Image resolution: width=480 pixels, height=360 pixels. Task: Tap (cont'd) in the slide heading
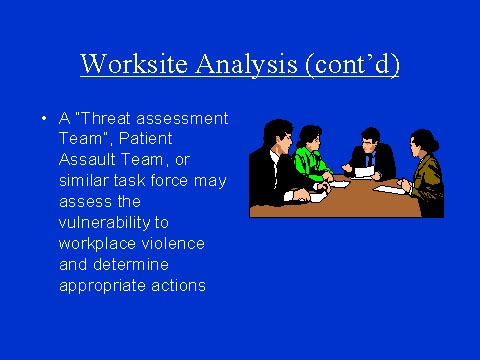point(345,64)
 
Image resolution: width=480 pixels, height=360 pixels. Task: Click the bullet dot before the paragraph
point(45,118)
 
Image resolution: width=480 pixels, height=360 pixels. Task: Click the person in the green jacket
point(312,160)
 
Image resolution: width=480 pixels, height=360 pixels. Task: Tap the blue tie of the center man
point(369,160)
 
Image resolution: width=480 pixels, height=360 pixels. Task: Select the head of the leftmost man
point(278,134)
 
